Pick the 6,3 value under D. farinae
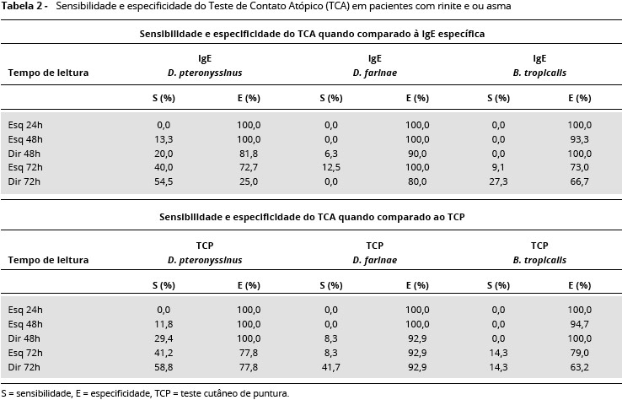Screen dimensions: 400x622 point(331,153)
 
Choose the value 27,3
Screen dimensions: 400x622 point(500,181)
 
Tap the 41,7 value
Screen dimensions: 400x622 point(331,367)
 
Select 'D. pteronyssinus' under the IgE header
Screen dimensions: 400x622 point(205,73)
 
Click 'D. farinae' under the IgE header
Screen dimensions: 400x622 point(375,73)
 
